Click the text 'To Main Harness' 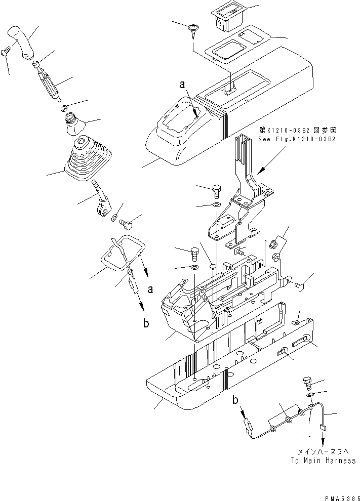coord(323,461)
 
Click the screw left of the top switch coord(194,28)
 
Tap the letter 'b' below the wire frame coord(146,324)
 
